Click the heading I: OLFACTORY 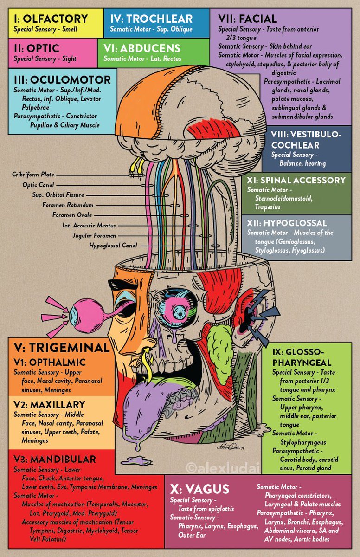pyautogui.click(x=51, y=19)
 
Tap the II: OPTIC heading pyautogui.click(x=37, y=48)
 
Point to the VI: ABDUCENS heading pyautogui.click(x=142, y=48)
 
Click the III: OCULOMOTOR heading pyautogui.click(x=62, y=79)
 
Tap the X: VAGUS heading pyautogui.click(x=199, y=489)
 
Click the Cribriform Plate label pyautogui.click(x=33, y=175)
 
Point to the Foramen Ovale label pyautogui.click(x=72, y=215)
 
